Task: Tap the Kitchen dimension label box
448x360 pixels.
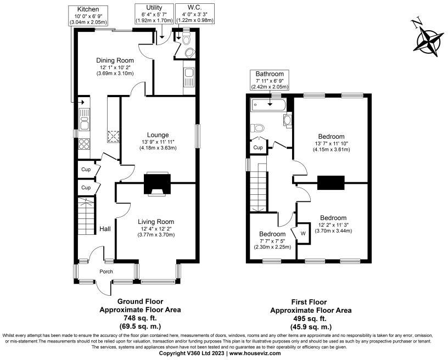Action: (88, 15)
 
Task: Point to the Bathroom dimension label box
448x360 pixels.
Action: (269, 80)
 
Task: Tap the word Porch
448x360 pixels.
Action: (106, 272)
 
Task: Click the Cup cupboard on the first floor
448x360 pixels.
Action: (258, 147)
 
